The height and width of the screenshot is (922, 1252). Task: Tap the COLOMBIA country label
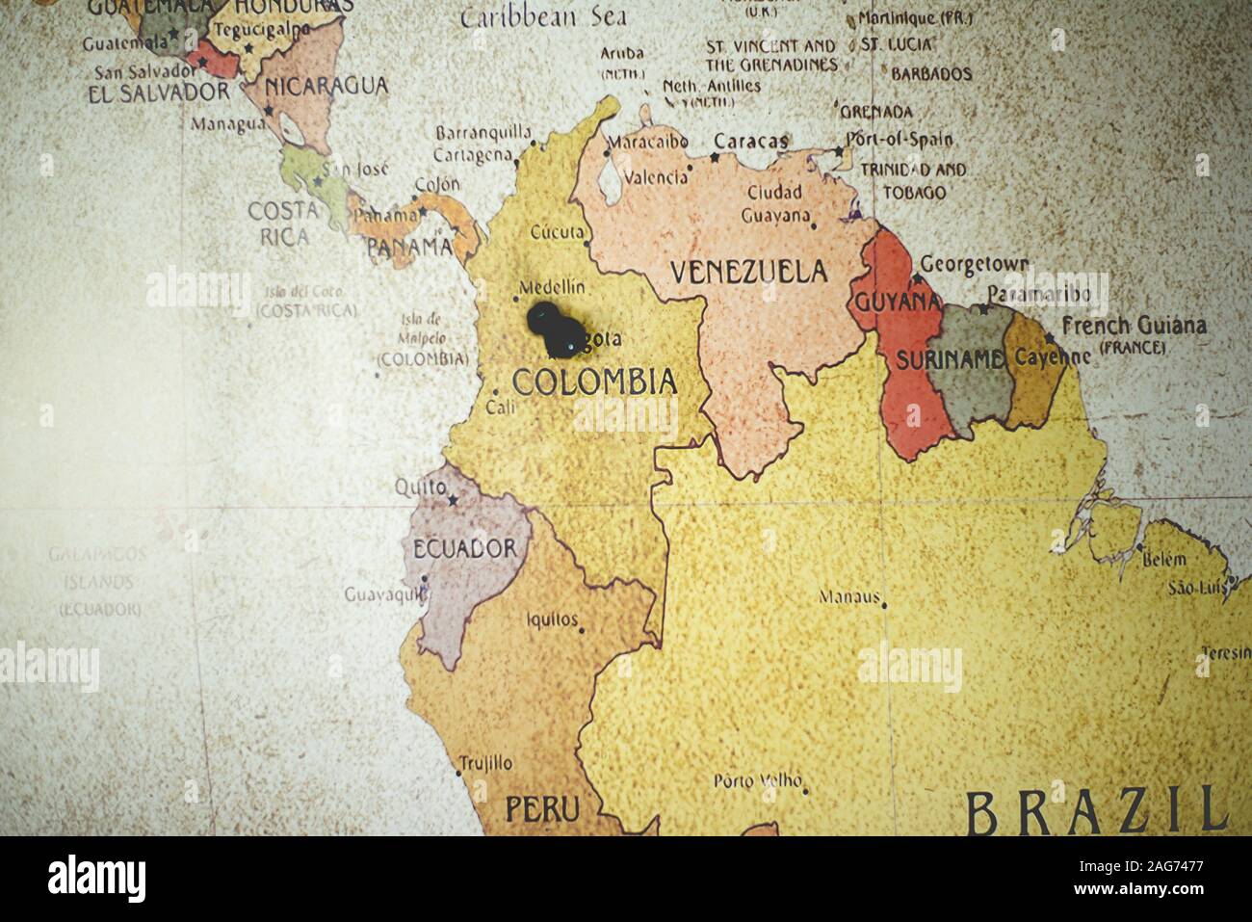(594, 382)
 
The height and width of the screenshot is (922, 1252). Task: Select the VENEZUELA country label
(748, 272)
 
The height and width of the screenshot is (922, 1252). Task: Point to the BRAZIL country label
(1097, 812)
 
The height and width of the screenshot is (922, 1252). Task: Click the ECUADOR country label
(464, 549)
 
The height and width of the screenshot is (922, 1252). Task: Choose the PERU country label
(542, 807)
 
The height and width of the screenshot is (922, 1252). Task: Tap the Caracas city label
(749, 142)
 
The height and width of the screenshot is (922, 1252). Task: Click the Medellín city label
(552, 287)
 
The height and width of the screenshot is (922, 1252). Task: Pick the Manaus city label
(849, 596)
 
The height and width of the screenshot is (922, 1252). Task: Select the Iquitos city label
(553, 619)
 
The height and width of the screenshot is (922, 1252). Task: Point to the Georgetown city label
(974, 263)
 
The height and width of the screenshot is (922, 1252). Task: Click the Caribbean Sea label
(543, 16)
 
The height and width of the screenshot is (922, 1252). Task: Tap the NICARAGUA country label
(326, 87)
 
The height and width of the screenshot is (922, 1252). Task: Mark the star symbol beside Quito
(453, 500)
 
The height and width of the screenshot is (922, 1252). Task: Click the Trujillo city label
(485, 764)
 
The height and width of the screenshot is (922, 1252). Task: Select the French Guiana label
(1133, 326)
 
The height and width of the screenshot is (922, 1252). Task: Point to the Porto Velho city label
(758, 780)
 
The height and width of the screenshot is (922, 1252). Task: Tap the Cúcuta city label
(557, 232)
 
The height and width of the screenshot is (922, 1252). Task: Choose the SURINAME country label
(950, 360)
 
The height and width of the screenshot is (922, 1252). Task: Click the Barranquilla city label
(483, 133)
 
